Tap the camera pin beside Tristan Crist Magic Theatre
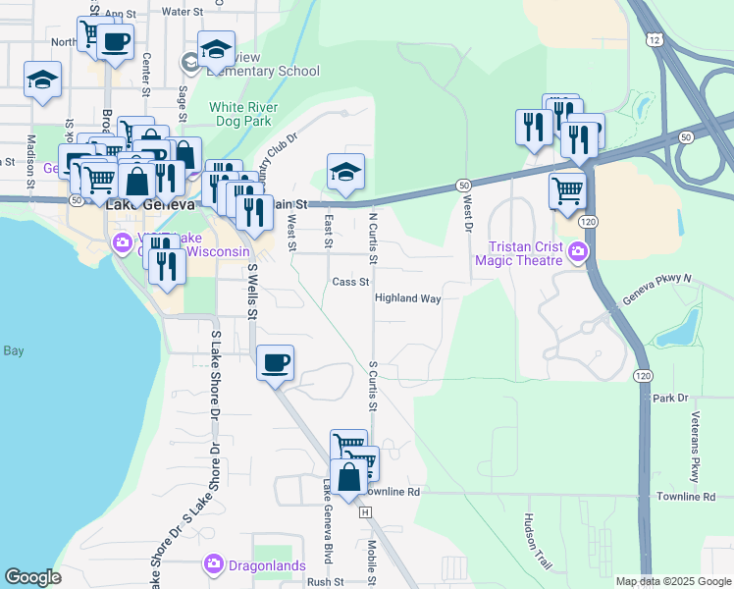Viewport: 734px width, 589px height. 577,253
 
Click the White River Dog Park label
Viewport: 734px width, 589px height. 243,114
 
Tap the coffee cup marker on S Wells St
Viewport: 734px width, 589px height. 276,361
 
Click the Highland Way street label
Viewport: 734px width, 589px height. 407,297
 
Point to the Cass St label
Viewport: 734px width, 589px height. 350,282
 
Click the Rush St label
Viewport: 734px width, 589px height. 325,581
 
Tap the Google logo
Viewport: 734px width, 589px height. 33,577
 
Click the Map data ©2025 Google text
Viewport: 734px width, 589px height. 672,581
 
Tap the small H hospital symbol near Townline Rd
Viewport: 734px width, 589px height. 365,512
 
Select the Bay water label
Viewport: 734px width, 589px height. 13,350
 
